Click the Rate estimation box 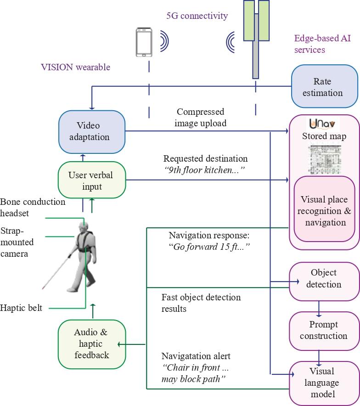(324, 87)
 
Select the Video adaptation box (92, 131)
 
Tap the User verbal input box (91, 180)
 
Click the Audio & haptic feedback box (92, 344)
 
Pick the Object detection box (324, 279)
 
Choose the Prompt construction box (324, 330)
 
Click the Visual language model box (324, 382)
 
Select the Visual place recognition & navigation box (324, 211)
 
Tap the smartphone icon (144, 42)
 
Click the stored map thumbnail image (324, 158)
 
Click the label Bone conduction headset (33, 207)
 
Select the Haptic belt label (21, 308)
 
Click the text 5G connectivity (197, 16)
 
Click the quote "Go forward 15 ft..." (209, 247)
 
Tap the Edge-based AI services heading (322, 44)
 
